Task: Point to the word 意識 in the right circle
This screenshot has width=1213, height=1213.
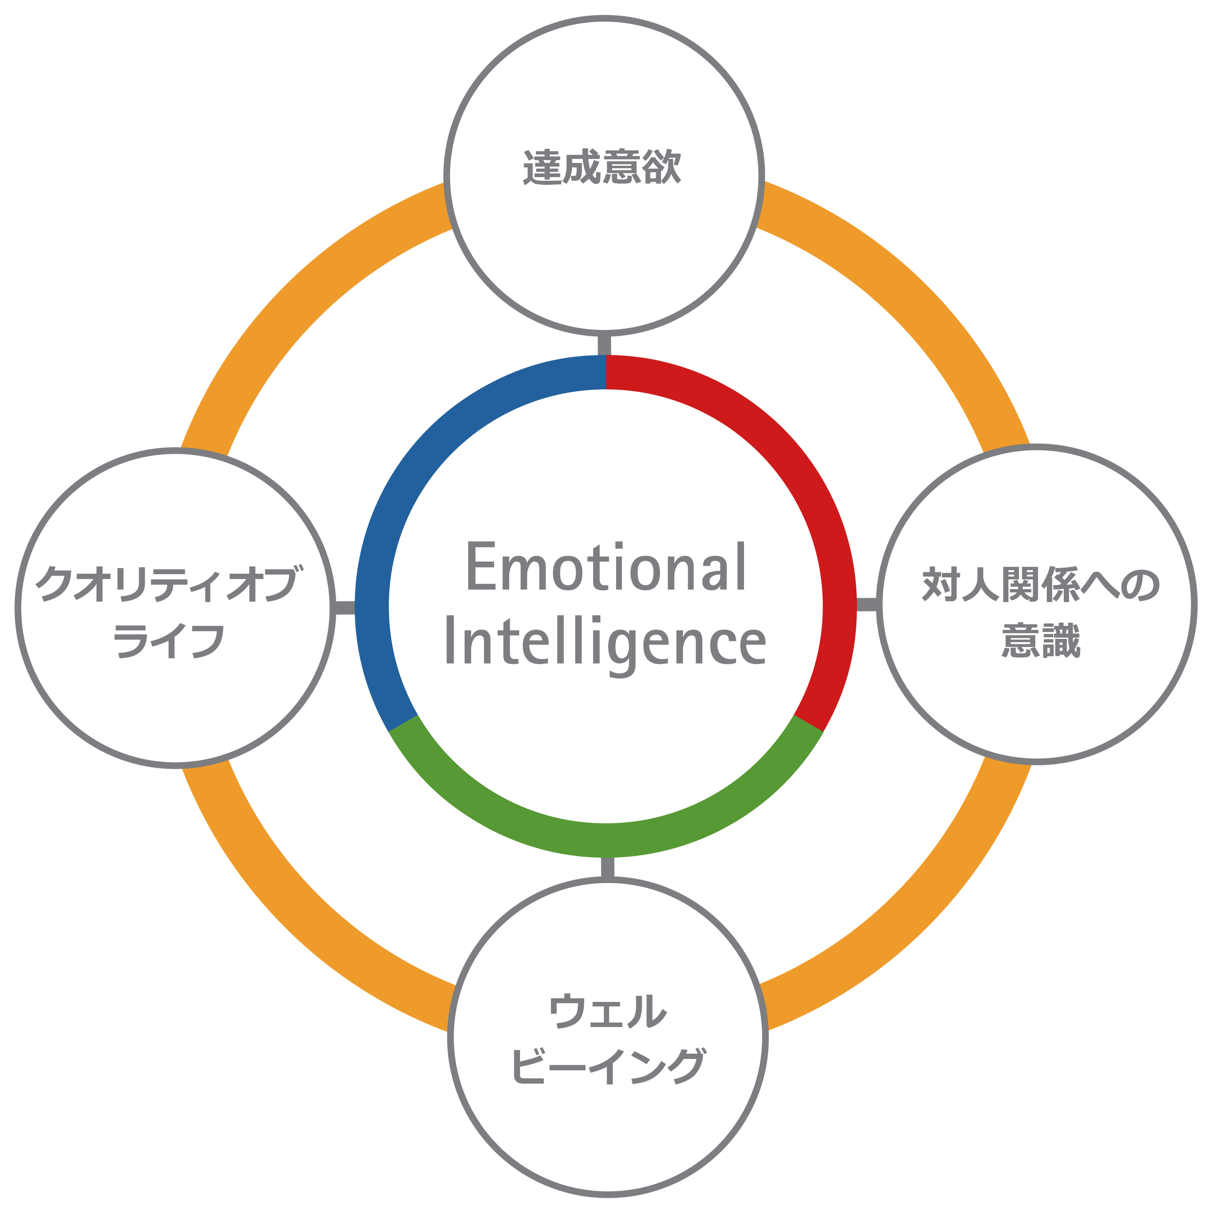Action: (1040, 640)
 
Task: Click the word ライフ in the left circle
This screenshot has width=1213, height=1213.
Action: (168, 640)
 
